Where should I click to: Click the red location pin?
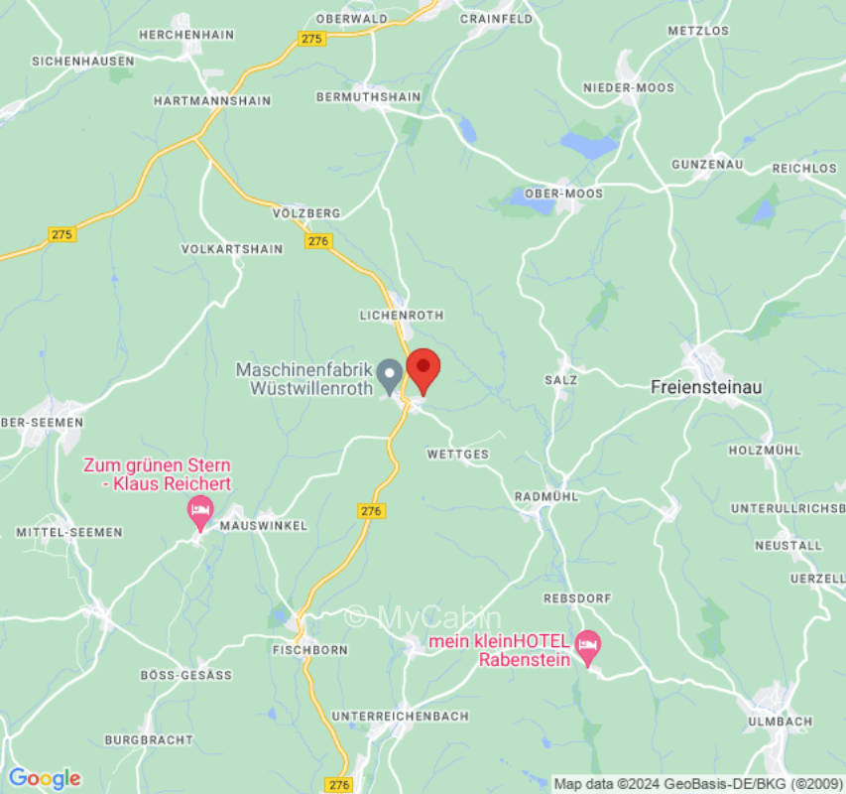pos(423,369)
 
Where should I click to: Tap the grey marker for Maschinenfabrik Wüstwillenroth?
pos(391,375)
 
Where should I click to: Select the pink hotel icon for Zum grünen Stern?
pos(199,512)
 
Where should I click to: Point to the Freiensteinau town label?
pos(706,387)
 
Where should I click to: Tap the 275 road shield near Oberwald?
pos(311,38)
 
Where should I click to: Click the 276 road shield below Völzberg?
pos(317,241)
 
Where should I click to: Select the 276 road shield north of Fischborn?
pos(370,510)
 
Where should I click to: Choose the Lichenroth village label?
pos(401,315)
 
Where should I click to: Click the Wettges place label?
pos(457,455)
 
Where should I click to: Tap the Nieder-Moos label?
pos(628,87)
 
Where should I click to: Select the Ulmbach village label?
pos(781,722)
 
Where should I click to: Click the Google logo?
pos(44,778)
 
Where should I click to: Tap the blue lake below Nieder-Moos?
pos(589,146)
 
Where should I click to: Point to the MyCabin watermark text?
pos(423,616)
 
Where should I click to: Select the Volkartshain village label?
pos(232,249)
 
